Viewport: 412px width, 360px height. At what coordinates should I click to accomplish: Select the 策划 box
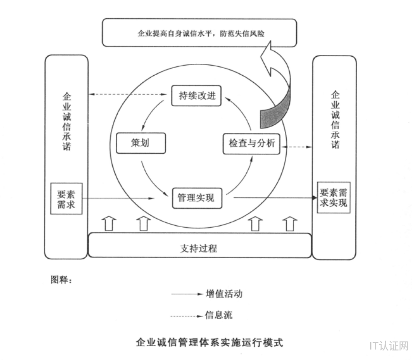[140, 143]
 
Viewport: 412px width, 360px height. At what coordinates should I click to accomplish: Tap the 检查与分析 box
[251, 144]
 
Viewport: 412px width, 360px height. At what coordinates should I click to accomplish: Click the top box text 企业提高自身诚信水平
[200, 33]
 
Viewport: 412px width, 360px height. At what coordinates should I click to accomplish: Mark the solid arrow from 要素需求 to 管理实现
[119, 198]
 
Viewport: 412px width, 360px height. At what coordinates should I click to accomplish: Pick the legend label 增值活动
[224, 294]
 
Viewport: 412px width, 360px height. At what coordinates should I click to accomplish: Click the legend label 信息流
[219, 315]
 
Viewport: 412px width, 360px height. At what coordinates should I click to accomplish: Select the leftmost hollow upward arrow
[109, 223]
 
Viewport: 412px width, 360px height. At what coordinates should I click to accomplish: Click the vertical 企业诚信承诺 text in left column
[67, 121]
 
